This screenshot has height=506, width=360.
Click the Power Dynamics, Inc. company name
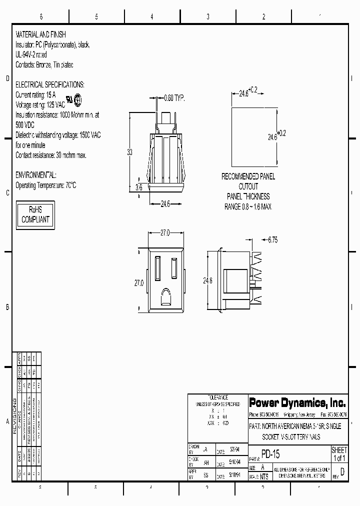(297, 402)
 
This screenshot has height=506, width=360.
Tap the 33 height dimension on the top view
(129, 152)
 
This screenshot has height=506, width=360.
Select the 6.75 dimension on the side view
(272, 240)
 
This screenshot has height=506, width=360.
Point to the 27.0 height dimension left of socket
(138, 282)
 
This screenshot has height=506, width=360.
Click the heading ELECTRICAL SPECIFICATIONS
(50, 85)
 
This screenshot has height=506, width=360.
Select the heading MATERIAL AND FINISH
(41, 34)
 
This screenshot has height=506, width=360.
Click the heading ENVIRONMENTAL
(36, 175)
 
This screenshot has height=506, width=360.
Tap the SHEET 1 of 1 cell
(339, 454)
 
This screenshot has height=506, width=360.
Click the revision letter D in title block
(342, 471)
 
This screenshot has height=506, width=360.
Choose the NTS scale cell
(264, 476)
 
